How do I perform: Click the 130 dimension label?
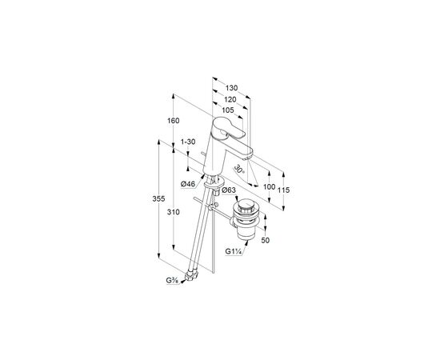click(x=231, y=88)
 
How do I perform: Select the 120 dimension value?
click(x=230, y=99)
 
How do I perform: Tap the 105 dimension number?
click(x=227, y=110)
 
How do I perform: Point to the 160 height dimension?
click(x=173, y=121)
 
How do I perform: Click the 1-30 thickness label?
click(x=188, y=142)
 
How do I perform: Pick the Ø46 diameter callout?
click(x=188, y=184)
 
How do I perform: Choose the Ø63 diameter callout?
click(x=229, y=190)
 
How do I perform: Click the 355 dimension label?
click(x=158, y=199)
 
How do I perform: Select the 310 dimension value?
click(x=173, y=213)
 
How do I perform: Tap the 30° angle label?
click(x=239, y=169)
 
